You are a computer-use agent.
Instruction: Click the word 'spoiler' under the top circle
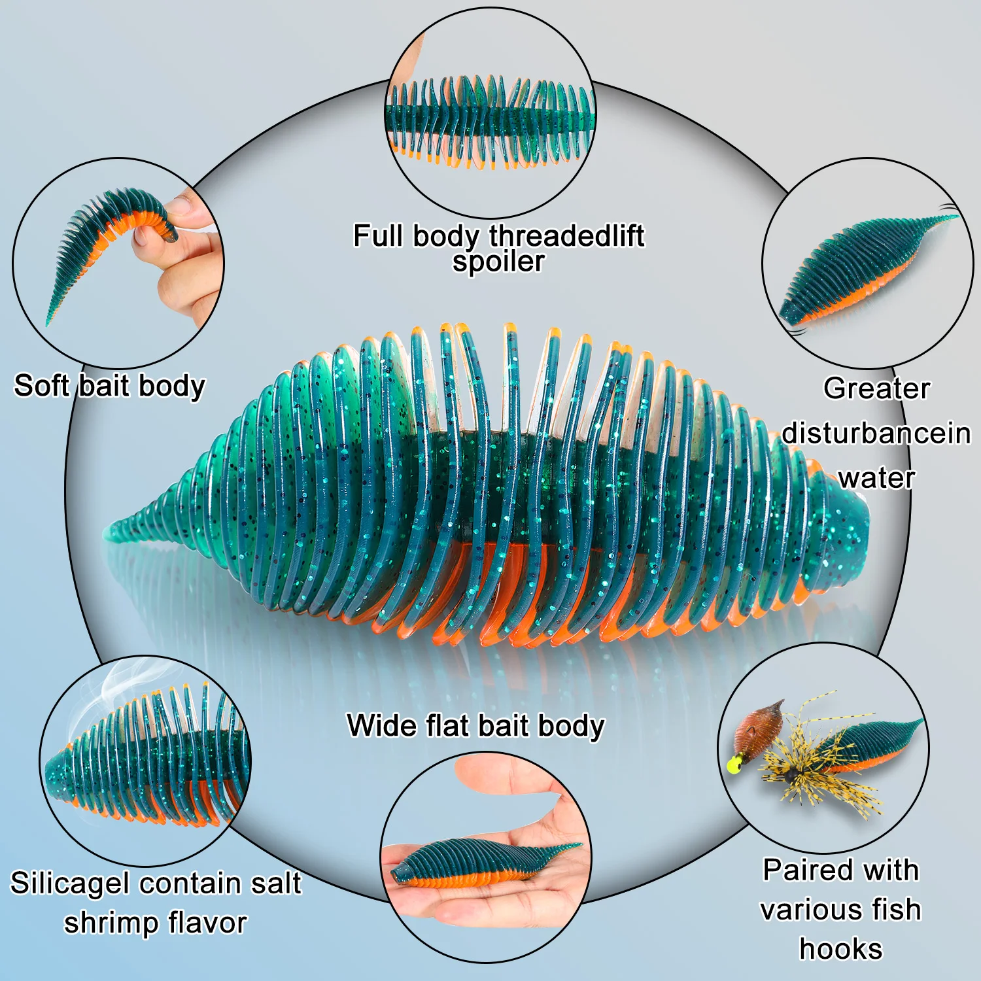point(498,262)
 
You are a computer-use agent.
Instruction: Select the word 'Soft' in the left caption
point(41,385)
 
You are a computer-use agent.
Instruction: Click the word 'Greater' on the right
point(876,388)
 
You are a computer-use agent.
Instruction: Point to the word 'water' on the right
point(876,478)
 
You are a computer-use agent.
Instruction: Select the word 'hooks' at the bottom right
point(841,949)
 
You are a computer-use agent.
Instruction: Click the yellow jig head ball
point(734,763)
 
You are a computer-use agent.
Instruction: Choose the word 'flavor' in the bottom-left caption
point(207,923)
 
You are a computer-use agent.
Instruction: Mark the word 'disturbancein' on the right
point(876,433)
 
